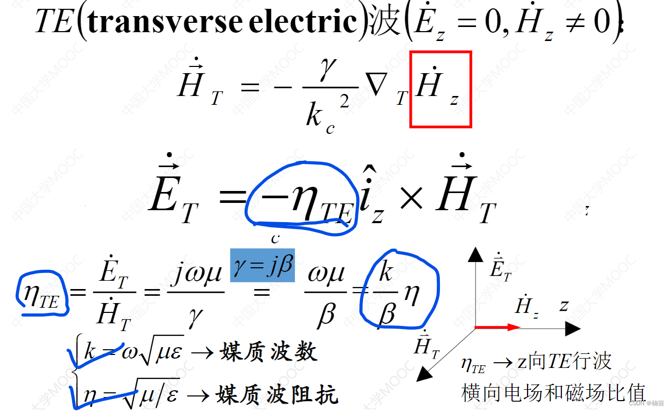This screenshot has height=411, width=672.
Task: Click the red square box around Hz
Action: (x=440, y=89)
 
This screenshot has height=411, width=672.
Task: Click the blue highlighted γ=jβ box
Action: (x=262, y=265)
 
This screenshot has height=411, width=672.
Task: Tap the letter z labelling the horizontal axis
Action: (x=564, y=305)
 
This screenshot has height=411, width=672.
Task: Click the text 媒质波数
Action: (x=268, y=352)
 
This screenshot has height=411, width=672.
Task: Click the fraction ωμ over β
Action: (x=325, y=294)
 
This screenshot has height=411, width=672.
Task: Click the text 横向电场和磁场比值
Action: (x=553, y=392)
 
